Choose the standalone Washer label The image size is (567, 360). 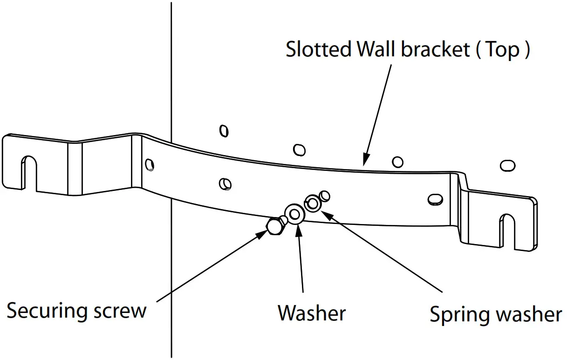point(312,312)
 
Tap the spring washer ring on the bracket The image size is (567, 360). point(313,204)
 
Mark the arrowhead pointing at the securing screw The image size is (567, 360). point(261,234)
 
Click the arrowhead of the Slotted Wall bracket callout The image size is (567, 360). point(366,160)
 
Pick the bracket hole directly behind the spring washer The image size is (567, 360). point(325,196)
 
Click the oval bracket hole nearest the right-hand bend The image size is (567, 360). point(435,199)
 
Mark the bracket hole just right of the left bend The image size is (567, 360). point(150,164)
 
